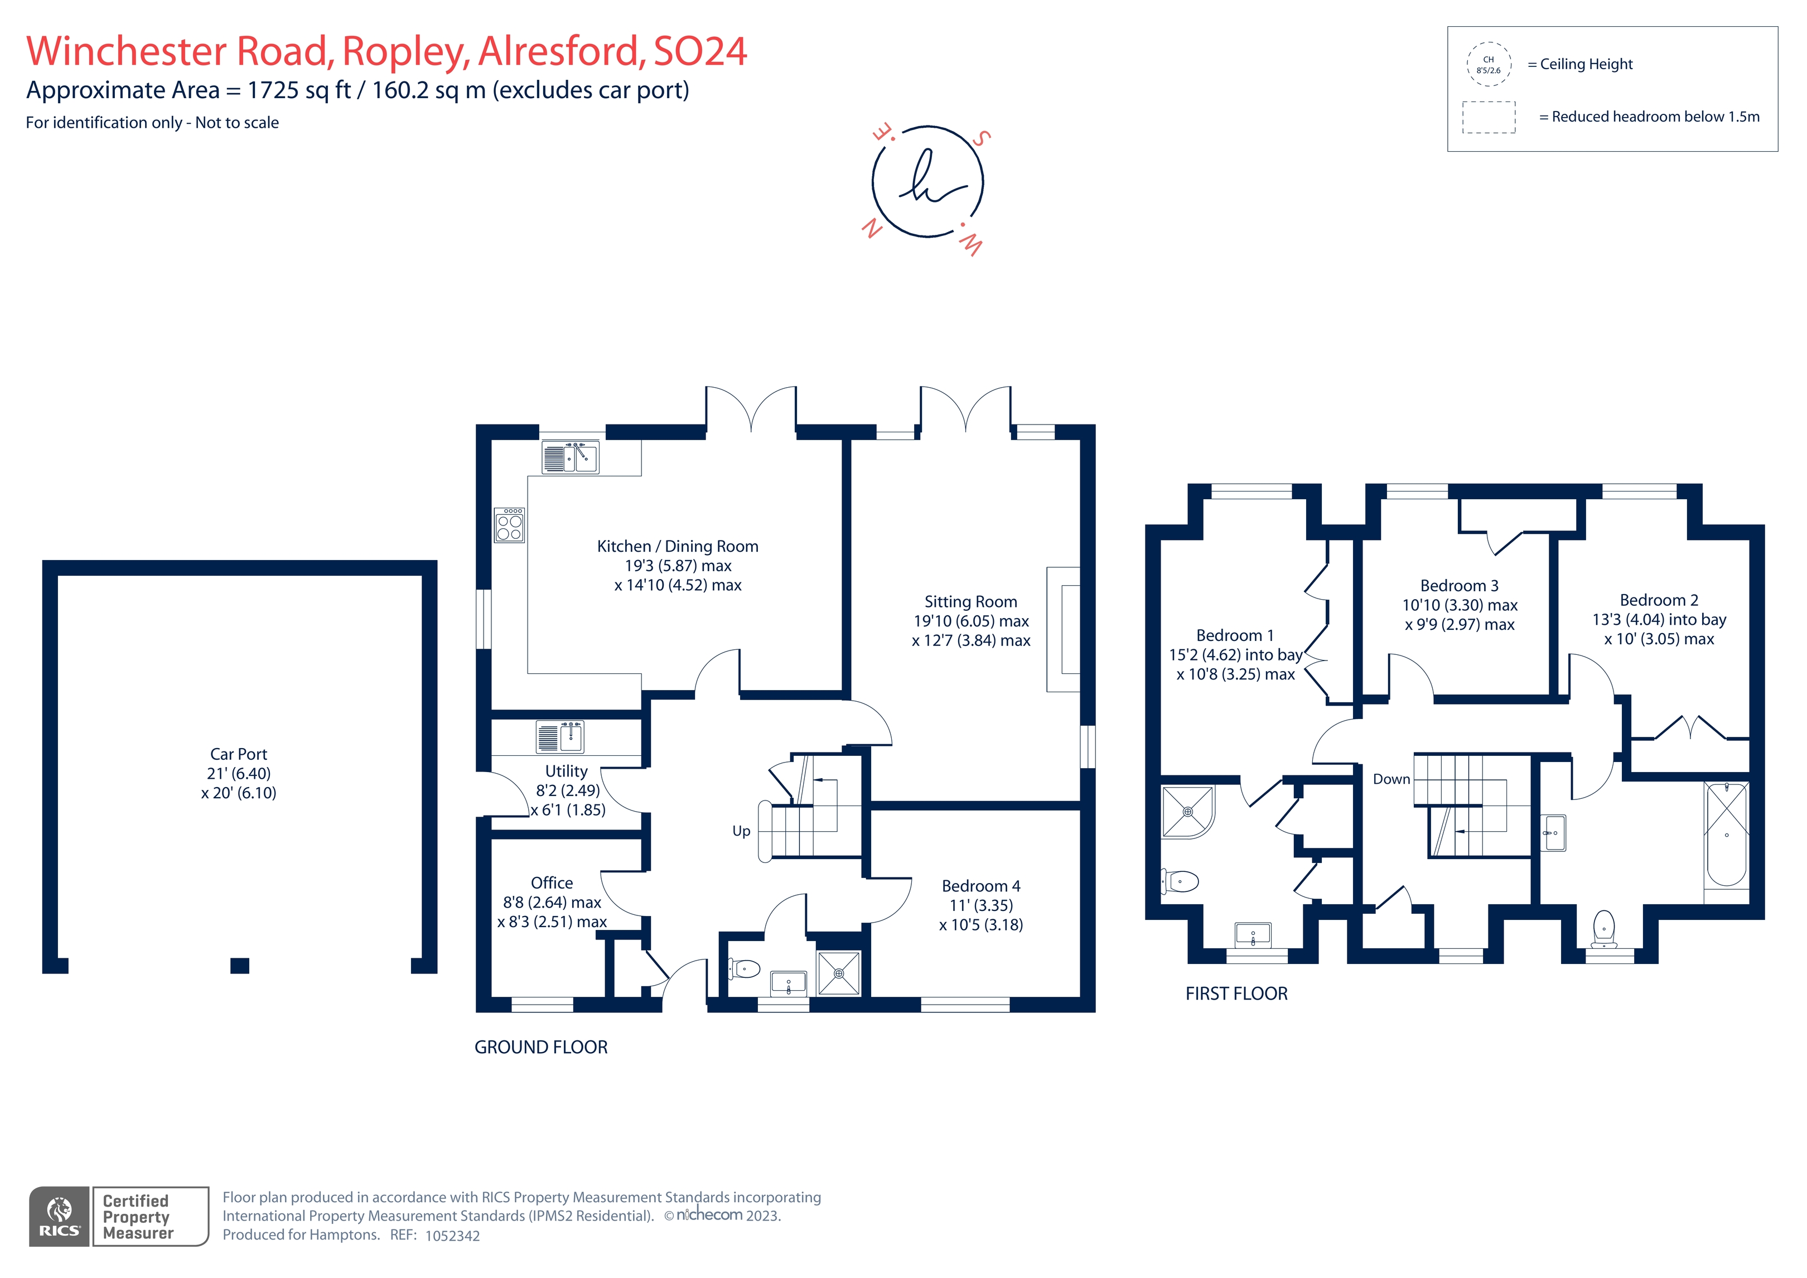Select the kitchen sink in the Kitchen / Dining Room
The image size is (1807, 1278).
(571, 457)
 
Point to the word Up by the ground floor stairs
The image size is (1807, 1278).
(741, 831)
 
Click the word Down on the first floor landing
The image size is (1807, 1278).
(1391, 779)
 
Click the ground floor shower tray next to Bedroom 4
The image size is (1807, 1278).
(839, 973)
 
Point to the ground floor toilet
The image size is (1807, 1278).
(744, 968)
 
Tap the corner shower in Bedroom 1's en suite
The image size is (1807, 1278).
(1187, 811)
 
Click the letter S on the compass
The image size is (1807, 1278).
(980, 138)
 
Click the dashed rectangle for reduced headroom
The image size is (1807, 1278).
(1488, 117)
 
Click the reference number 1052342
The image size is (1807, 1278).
(452, 1236)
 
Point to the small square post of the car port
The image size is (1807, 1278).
(240, 966)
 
